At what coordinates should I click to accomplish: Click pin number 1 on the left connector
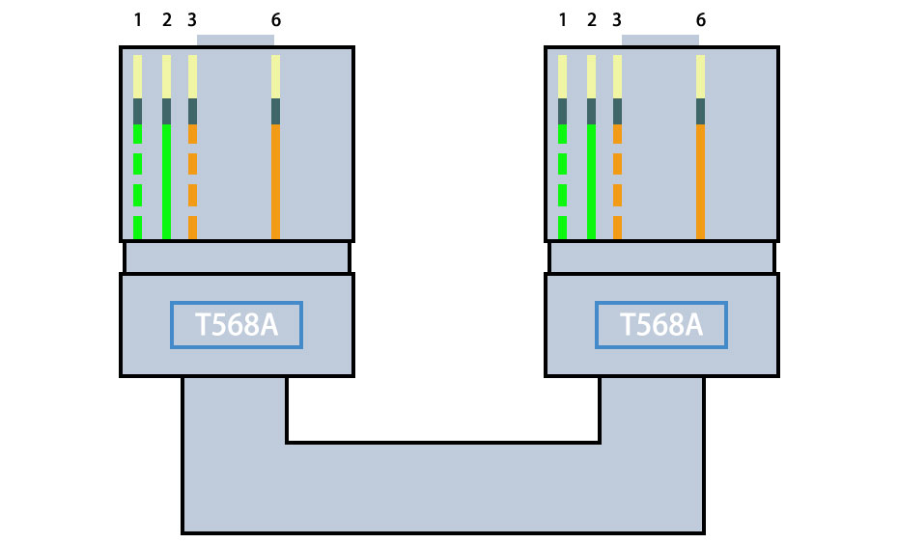[x=137, y=20]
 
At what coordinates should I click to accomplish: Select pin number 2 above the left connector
[x=166, y=20]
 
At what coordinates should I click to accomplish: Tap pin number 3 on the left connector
[x=192, y=20]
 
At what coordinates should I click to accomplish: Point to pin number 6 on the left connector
[x=276, y=20]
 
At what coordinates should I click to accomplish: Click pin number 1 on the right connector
[x=562, y=20]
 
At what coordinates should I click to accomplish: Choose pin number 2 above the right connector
[x=591, y=20]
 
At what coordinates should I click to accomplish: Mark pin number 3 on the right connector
[x=617, y=20]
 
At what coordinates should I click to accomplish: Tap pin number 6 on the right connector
[x=701, y=20]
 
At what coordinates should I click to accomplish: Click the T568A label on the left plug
[x=237, y=325]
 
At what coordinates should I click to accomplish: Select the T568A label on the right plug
[x=661, y=325]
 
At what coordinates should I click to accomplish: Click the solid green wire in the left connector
[x=166, y=183]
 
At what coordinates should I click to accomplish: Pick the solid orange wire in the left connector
[x=276, y=183]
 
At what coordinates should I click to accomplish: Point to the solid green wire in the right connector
[x=591, y=183]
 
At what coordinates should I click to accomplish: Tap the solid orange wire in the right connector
[x=701, y=183]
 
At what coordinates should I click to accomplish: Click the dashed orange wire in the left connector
[x=192, y=164]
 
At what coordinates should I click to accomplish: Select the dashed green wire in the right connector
[x=562, y=164]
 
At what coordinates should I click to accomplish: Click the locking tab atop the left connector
[x=236, y=41]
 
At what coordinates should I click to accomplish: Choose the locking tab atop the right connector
[x=660, y=41]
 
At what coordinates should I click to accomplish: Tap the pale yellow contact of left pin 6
[x=276, y=76]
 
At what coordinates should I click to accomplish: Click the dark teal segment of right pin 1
[x=562, y=111]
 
